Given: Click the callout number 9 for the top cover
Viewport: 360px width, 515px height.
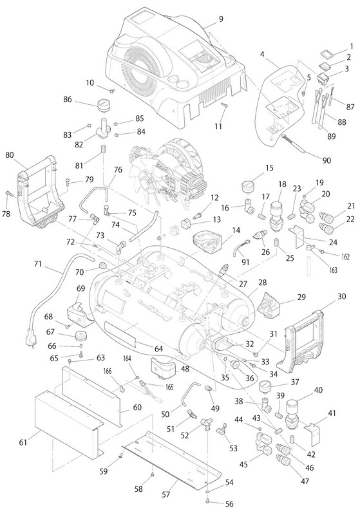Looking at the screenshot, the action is (x=221, y=19).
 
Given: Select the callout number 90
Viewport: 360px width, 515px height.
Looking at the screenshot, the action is (x=327, y=160).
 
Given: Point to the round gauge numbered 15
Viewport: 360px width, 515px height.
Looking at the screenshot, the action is (x=248, y=187).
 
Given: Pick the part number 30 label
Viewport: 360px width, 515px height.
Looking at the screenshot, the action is (x=341, y=296).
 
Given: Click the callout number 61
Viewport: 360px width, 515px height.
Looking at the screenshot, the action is (x=23, y=442).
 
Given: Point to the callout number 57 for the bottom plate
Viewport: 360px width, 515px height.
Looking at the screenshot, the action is (x=166, y=494).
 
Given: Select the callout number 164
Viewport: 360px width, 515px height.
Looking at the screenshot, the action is (x=127, y=359).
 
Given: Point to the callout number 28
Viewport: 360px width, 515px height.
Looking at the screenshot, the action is (x=263, y=283).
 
